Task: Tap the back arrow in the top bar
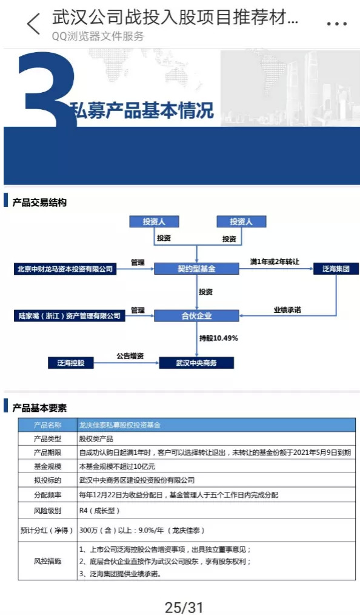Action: pos(33,24)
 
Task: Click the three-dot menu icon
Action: pos(337,24)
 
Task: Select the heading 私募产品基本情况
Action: pos(142,110)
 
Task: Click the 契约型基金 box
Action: pos(196,269)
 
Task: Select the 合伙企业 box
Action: pos(196,316)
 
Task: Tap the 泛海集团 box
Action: pos(336,269)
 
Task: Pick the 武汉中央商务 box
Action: pos(196,363)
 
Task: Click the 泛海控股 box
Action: pos(71,363)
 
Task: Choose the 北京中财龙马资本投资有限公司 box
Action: pos(65,269)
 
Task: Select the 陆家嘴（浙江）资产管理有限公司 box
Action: pos(69,316)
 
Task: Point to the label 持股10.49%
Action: pos(219,338)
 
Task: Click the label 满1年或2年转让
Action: pos(275,261)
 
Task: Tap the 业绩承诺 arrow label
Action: pos(287,310)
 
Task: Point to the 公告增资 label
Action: pos(130,356)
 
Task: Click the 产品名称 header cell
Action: pos(47,425)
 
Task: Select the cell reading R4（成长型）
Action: pos(99,510)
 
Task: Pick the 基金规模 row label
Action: pos(47,466)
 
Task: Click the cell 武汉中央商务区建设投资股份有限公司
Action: pos(137,480)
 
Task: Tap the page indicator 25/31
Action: pos(184,607)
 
